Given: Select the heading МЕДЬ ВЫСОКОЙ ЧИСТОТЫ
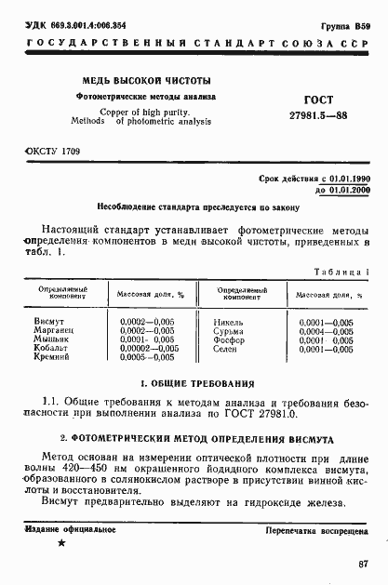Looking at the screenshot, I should tap(146, 80).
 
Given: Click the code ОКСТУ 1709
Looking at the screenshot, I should tap(52, 151).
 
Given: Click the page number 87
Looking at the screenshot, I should tap(363, 564).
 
